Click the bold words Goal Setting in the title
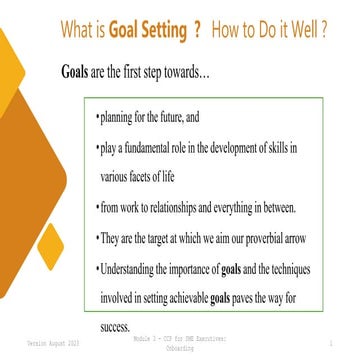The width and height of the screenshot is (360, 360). (151, 30)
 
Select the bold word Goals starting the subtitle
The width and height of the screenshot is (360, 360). (79, 75)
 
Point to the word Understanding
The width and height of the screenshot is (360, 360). (139, 270)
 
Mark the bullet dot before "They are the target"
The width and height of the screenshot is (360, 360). (96, 239)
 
